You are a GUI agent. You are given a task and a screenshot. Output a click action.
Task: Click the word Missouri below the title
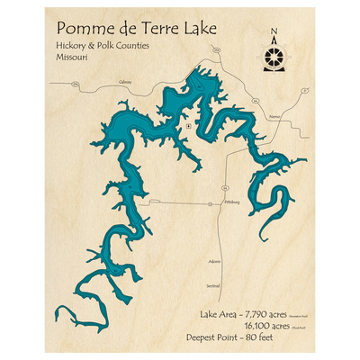(x=74, y=67)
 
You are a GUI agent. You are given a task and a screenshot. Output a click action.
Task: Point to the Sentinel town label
(x=212, y=285)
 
